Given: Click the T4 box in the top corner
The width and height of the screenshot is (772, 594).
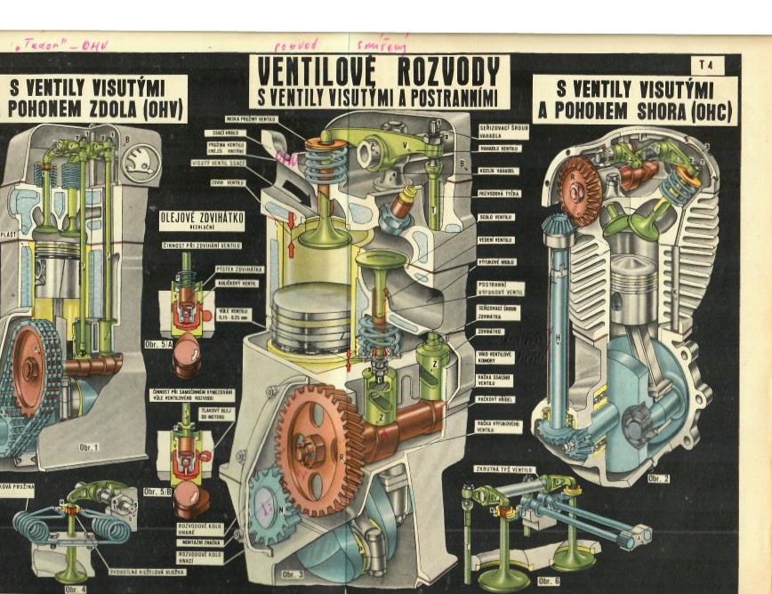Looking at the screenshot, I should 707,65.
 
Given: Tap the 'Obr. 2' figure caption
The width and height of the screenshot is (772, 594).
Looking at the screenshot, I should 659,478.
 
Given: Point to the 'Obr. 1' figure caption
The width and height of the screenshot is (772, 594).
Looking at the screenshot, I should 88,446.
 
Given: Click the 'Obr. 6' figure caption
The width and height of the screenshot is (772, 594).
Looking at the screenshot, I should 548,581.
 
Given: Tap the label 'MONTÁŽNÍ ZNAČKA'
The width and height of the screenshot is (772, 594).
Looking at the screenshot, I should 200,542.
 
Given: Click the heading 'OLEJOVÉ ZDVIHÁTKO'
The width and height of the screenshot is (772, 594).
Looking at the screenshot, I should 201,219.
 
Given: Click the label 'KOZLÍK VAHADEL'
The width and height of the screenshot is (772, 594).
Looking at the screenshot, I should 497,170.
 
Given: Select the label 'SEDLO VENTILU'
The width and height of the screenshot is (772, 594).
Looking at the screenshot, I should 496,217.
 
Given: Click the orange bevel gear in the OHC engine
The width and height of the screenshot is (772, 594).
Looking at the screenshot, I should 578,189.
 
